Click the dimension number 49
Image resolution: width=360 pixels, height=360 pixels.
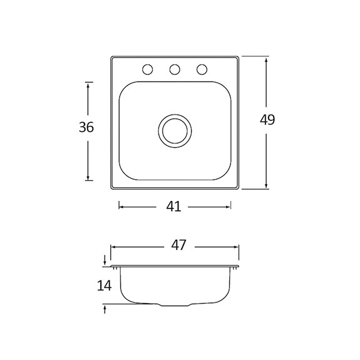point(267,120)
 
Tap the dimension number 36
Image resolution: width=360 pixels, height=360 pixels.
point(86,127)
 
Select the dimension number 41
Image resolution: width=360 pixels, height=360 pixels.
point(173,207)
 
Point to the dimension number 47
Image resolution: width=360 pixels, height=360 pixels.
point(178,245)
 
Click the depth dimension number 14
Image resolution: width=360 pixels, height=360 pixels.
point(104,285)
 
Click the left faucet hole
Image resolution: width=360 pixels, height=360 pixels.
point(147,69)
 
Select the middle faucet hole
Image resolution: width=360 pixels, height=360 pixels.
point(175,69)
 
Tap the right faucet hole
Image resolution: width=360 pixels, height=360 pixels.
point(202,69)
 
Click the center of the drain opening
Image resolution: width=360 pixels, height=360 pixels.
point(175,131)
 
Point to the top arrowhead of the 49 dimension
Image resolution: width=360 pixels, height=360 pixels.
point(266,60)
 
